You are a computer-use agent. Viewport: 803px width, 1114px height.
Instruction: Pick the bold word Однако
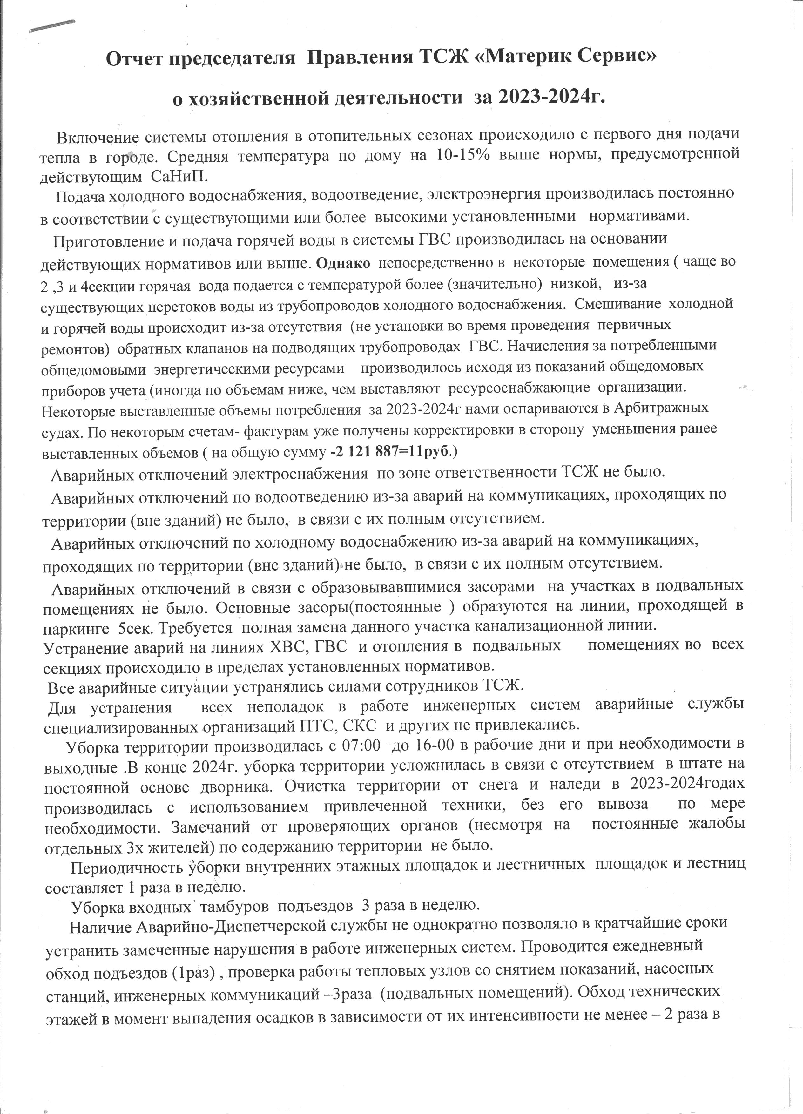343,262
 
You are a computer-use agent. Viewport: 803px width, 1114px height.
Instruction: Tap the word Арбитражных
666,408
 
